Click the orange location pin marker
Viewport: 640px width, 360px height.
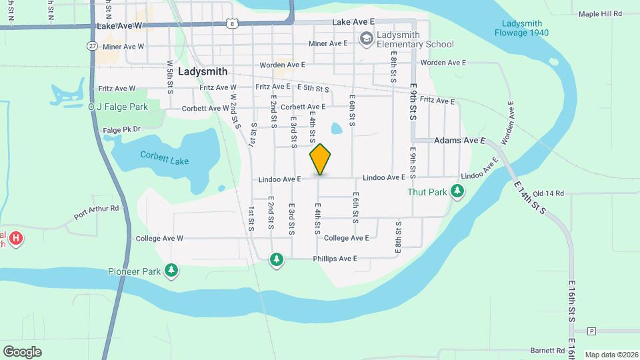[x=320, y=159]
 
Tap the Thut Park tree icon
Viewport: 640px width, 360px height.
[x=457, y=192]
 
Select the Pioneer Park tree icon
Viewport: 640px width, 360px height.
[x=172, y=271]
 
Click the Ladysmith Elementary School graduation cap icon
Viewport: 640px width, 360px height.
[x=365, y=39]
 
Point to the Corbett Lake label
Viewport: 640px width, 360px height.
[x=164, y=157]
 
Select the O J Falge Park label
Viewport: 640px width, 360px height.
[x=119, y=106]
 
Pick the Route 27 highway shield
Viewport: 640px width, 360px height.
[x=92, y=45]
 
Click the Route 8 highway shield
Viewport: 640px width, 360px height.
[x=231, y=23]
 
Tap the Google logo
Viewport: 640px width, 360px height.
[x=22, y=351]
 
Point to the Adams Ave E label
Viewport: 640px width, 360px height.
[x=460, y=141]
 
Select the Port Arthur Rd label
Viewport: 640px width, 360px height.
[x=96, y=212]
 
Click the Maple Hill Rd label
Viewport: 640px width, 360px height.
[x=600, y=13]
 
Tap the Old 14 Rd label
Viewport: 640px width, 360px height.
[x=549, y=193]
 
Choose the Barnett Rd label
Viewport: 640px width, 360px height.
[x=548, y=350]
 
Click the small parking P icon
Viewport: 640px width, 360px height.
[x=591, y=331]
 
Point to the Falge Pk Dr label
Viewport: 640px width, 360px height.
[x=123, y=130]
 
